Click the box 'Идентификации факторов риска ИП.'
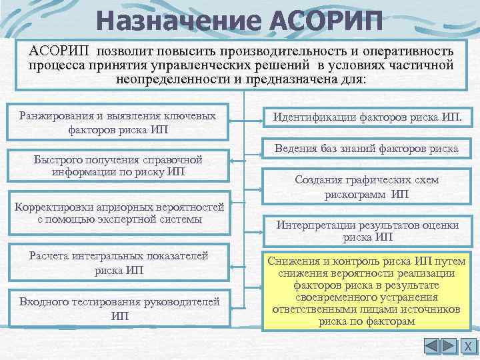(x=367, y=119)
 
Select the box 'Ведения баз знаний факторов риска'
(x=367, y=149)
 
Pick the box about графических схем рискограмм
(x=367, y=187)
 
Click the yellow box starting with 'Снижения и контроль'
(x=367, y=291)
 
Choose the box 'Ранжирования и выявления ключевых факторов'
(x=118, y=122)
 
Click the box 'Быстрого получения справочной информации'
(x=118, y=165)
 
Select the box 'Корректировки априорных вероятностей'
(x=118, y=213)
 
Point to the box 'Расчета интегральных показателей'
(x=118, y=263)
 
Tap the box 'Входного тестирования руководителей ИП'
(x=118, y=309)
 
